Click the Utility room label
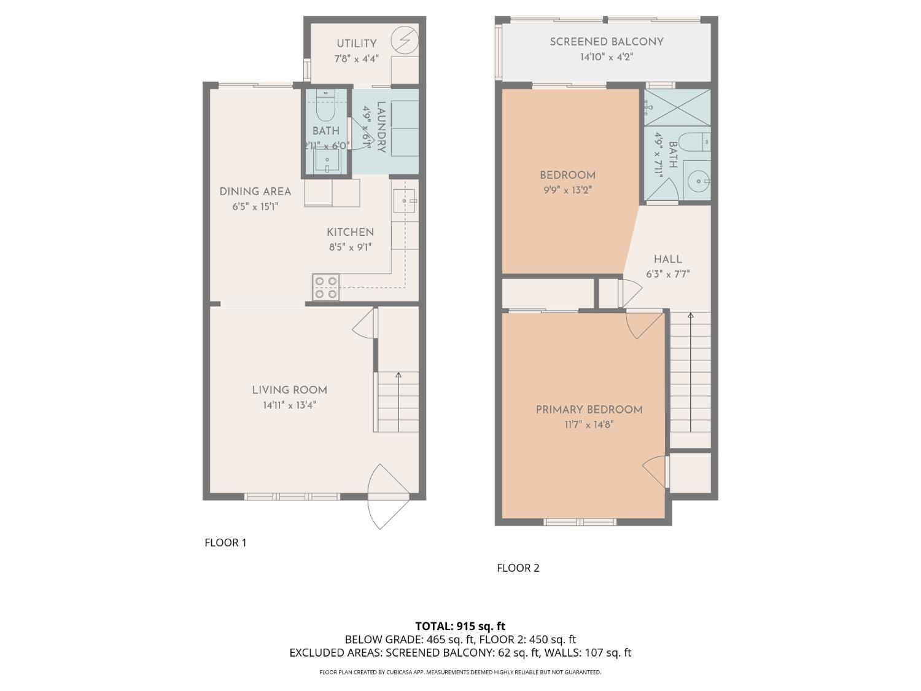pyautogui.click(x=356, y=43)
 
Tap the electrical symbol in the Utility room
pyautogui.click(x=405, y=40)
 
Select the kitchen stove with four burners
pyautogui.click(x=325, y=287)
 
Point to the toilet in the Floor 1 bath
pyautogui.click(x=325, y=106)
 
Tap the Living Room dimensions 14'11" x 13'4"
pyautogui.click(x=290, y=405)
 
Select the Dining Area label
pyautogui.click(x=255, y=191)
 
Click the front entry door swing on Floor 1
pyautogui.click(x=387, y=496)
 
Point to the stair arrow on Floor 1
pyautogui.click(x=398, y=402)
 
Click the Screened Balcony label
pyautogui.click(x=607, y=42)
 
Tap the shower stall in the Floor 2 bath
pyautogui.click(x=677, y=107)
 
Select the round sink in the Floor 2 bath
pyautogui.click(x=699, y=181)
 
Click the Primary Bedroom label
pyautogui.click(x=589, y=410)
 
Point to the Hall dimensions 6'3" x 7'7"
pyautogui.click(x=668, y=275)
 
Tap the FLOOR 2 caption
pyautogui.click(x=518, y=568)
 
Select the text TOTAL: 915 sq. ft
pyautogui.click(x=460, y=626)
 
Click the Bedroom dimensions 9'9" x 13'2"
pyautogui.click(x=568, y=190)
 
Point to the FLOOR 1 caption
pyautogui.click(x=225, y=542)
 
